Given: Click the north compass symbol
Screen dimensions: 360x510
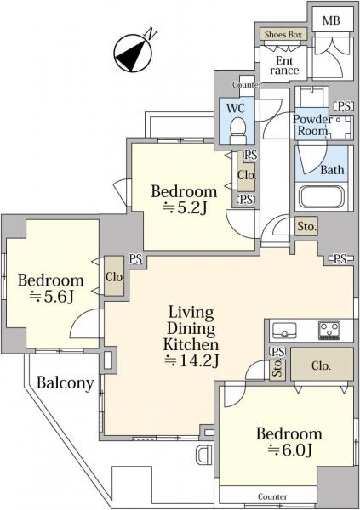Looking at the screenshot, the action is (134, 52).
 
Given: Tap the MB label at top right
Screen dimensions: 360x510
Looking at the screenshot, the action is (331, 20).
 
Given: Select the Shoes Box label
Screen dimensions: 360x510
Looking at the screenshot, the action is (283, 35).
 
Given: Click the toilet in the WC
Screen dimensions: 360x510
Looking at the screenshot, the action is (237, 131).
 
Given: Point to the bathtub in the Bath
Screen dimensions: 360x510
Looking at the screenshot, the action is (322, 197).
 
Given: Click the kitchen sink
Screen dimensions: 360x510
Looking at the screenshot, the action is (284, 330).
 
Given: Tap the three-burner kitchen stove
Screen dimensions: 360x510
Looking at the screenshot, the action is (329, 330).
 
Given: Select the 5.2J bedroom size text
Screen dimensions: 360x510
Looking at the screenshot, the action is (185, 208).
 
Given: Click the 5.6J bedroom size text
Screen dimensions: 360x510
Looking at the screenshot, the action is (51, 297).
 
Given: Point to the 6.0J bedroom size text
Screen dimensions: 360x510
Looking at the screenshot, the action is (289, 450).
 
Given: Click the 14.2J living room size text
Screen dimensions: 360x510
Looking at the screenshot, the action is (191, 360).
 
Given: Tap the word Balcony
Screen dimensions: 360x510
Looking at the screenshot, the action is (66, 382).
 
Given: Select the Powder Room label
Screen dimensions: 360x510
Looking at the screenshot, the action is (311, 125).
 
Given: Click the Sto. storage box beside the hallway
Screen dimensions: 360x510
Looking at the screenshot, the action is (306, 226).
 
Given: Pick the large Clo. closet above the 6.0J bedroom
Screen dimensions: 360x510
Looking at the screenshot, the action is (322, 365).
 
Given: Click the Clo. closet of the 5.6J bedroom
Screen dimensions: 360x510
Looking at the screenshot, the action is (114, 277).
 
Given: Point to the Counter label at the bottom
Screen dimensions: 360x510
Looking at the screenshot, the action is (272, 496).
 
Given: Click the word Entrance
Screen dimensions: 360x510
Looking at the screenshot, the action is (284, 65).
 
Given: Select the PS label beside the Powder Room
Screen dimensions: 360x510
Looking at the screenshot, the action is (344, 106).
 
